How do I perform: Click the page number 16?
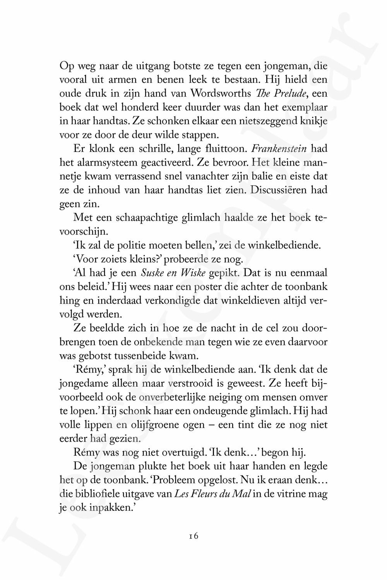(193, 536)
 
